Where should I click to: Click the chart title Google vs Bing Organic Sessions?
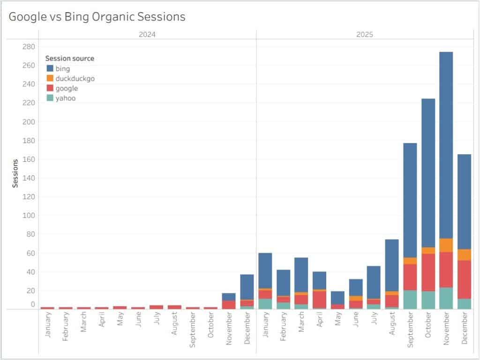tap(97, 16)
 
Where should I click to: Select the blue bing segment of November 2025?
tap(446, 145)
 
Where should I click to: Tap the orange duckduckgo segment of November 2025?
tap(446, 246)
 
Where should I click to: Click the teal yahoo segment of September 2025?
tap(410, 300)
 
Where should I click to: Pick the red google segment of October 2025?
tap(428, 272)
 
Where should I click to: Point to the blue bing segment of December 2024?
tap(247, 287)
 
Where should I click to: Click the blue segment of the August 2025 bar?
tap(391, 265)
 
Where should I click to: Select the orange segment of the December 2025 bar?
tap(464, 255)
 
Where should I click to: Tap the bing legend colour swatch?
tap(50, 68)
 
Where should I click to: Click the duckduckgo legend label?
tap(75, 79)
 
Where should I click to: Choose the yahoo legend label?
tap(66, 98)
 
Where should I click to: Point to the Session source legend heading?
tap(70, 59)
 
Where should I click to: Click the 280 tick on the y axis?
tap(29, 46)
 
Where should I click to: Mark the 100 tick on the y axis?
tap(29, 216)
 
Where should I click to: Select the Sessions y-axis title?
tap(15, 173)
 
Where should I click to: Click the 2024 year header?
tap(147, 34)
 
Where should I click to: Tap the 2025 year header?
tap(365, 34)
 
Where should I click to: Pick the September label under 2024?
tap(192, 330)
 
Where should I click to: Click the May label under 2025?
tap(337, 319)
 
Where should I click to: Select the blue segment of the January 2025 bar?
tap(265, 270)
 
